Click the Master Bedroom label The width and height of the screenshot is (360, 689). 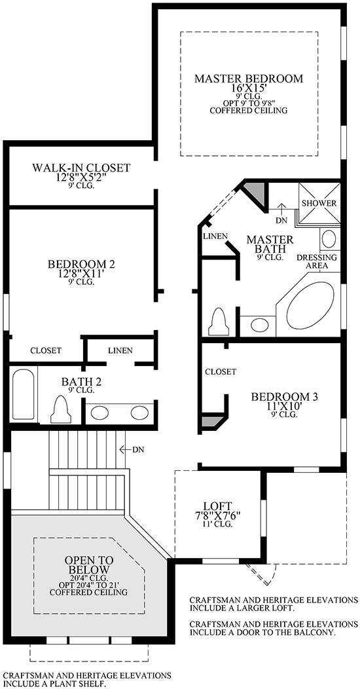tap(249, 79)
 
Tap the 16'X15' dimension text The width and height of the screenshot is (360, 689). tap(249, 88)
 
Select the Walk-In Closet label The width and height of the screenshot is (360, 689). tap(81, 168)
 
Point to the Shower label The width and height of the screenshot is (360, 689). tap(319, 204)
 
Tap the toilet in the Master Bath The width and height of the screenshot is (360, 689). tap(219, 322)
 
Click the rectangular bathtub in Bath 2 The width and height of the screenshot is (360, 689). tap(24, 394)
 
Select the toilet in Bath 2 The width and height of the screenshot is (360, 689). tap(61, 409)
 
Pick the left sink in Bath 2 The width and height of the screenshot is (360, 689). tap(100, 413)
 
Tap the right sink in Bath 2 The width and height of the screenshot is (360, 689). tap(139, 413)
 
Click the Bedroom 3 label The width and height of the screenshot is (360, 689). tap(284, 397)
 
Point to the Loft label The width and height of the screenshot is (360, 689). tap(217, 506)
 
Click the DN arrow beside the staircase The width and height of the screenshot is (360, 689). tap(126, 449)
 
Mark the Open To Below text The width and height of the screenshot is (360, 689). tap(89, 565)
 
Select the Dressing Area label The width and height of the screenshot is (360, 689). tap(317, 261)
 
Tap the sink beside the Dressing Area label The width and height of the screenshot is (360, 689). tap(329, 240)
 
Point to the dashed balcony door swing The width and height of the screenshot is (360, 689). tap(262, 574)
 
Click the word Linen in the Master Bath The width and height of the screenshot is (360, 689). tap(215, 236)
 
